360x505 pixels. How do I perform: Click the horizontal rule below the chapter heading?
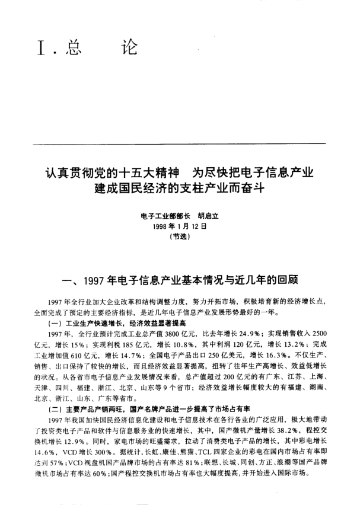pos(180,144)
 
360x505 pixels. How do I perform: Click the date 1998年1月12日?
pos(180,226)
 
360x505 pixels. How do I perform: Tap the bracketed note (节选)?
pos(180,235)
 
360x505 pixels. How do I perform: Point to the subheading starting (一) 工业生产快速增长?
pos(117,323)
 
